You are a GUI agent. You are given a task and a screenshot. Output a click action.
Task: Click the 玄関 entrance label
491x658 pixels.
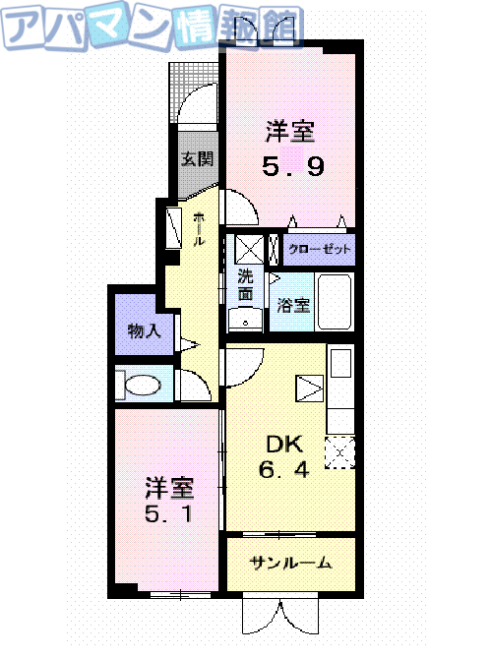[198, 158]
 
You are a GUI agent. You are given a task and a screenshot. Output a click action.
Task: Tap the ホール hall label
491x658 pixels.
[199, 228]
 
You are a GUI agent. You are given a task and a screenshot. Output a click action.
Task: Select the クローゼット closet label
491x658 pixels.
[320, 250]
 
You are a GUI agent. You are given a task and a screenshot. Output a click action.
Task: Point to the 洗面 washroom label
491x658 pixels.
[245, 284]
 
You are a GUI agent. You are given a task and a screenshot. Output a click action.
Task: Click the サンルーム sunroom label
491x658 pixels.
[289, 564]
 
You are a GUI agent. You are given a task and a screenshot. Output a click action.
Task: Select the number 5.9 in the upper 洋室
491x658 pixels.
[293, 167]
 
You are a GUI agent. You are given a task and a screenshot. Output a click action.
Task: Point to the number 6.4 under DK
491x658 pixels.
[284, 470]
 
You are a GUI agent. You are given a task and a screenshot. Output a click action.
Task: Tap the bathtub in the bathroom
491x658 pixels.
[336, 303]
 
